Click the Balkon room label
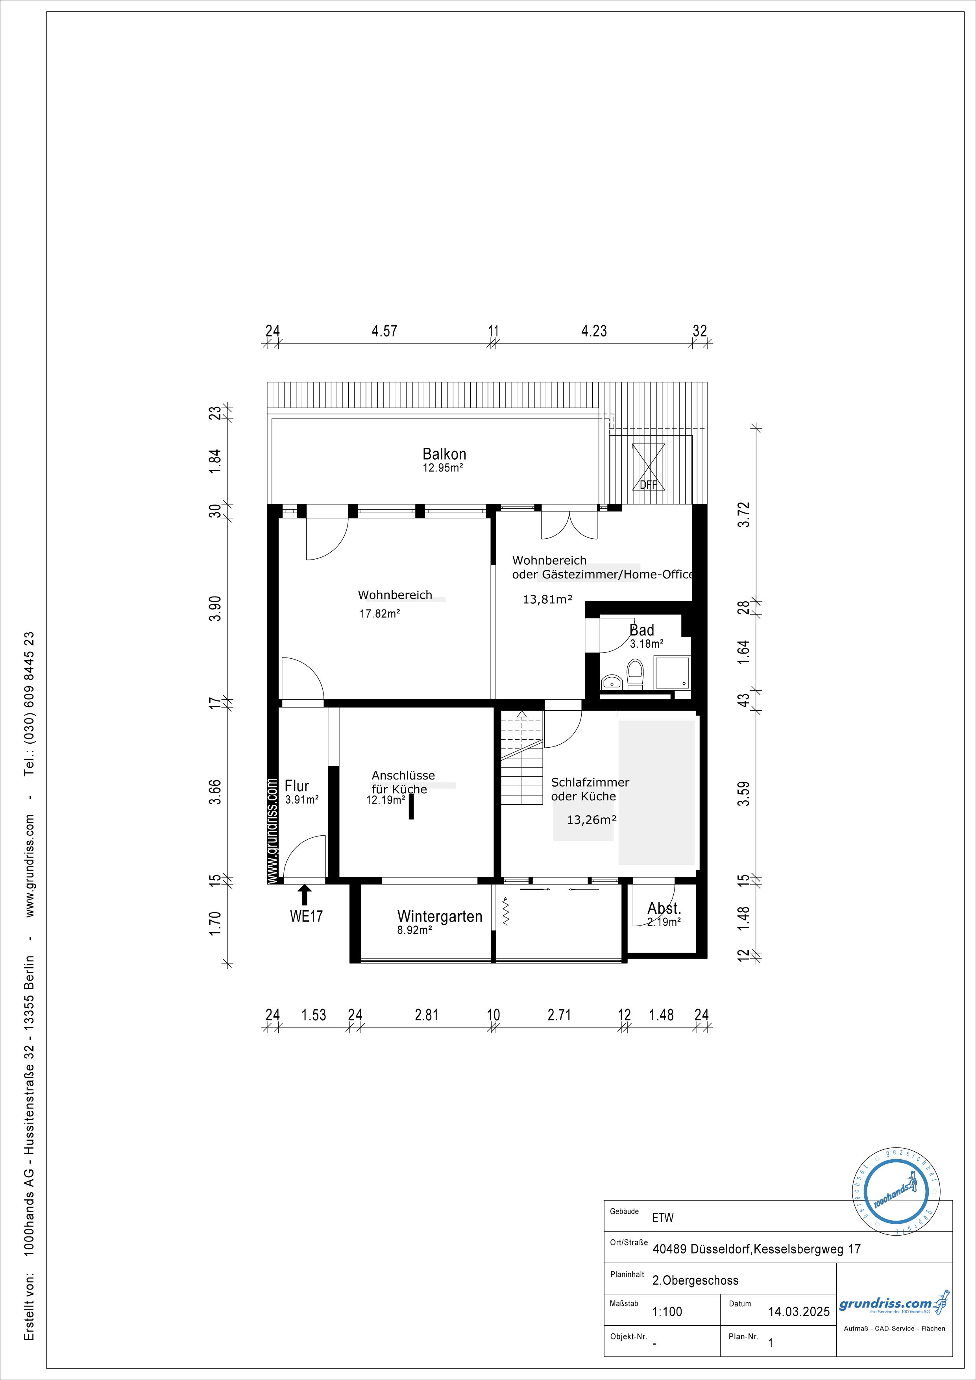pyautogui.click(x=444, y=454)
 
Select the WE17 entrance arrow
pyautogui.click(x=305, y=894)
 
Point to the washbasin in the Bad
pyautogui.click(x=611, y=682)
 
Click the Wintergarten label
pyautogui.click(x=440, y=916)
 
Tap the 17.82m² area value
pyautogui.click(x=380, y=614)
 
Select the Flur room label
pyautogui.click(x=297, y=785)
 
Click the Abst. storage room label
pyautogui.click(x=664, y=909)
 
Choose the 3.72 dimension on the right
pyautogui.click(x=744, y=514)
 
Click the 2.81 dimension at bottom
pyautogui.click(x=427, y=1015)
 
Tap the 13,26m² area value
pyautogui.click(x=592, y=819)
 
